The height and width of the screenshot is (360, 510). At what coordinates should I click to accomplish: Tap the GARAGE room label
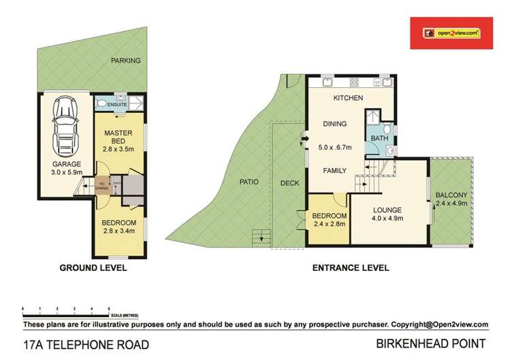[66, 164]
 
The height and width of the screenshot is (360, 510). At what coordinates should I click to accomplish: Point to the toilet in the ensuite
[101, 103]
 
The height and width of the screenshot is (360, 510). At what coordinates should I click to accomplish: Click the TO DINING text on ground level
[101, 186]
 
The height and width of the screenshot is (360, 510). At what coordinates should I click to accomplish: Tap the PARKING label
[127, 61]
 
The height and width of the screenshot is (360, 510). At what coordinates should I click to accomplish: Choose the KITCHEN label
[347, 99]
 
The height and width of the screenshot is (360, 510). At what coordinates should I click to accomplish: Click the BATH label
[379, 137]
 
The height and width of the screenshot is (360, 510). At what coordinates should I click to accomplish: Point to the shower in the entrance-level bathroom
[373, 120]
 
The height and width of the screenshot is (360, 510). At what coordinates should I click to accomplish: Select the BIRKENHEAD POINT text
[435, 344]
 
